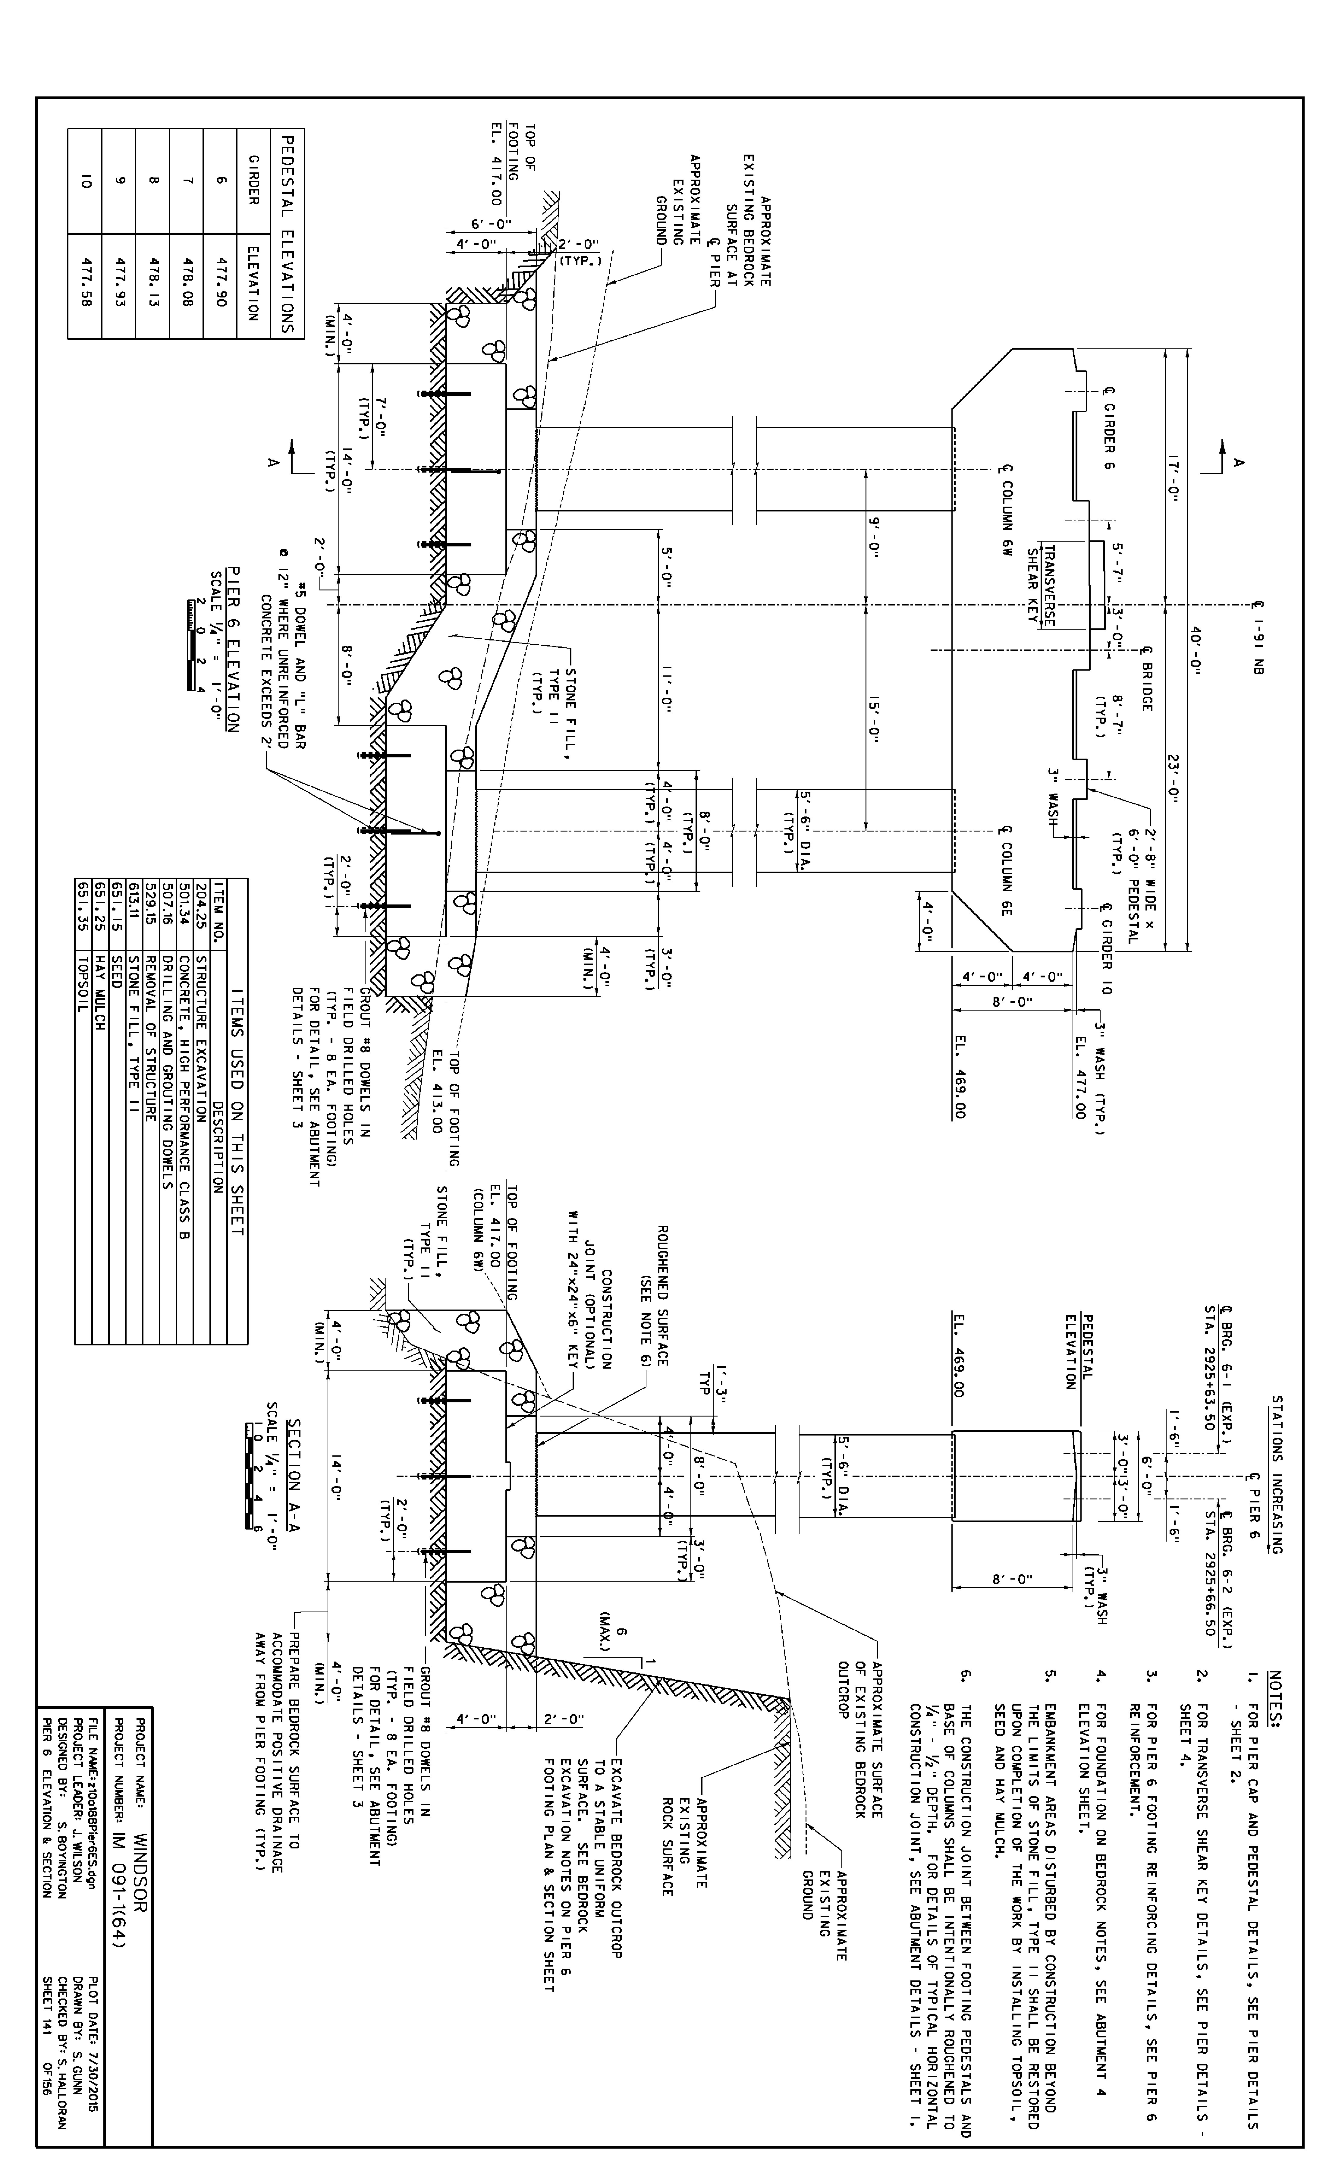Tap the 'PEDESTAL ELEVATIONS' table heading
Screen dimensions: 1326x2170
285,233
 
